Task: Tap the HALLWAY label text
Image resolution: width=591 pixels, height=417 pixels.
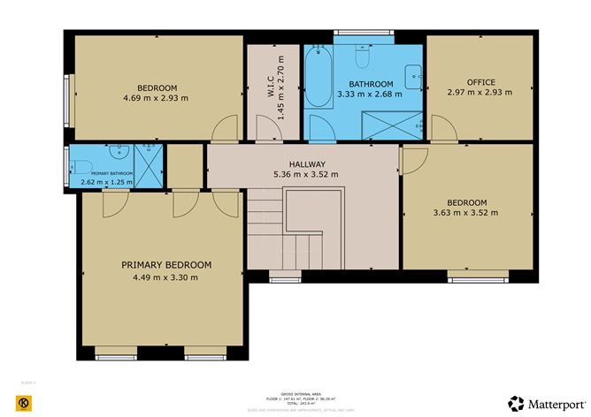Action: tap(306, 164)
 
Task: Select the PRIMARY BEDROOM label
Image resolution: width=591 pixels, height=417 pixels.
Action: tap(166, 265)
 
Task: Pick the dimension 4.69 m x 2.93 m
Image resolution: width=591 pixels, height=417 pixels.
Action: tap(157, 98)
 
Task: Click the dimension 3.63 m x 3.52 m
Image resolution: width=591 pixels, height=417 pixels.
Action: tap(465, 212)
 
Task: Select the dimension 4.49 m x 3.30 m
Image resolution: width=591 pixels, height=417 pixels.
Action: tap(166, 278)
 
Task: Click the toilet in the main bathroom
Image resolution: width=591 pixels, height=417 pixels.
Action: tap(361, 57)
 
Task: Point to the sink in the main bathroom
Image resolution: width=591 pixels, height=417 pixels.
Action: tap(412, 74)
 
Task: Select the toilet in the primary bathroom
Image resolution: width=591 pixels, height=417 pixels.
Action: tap(81, 166)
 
